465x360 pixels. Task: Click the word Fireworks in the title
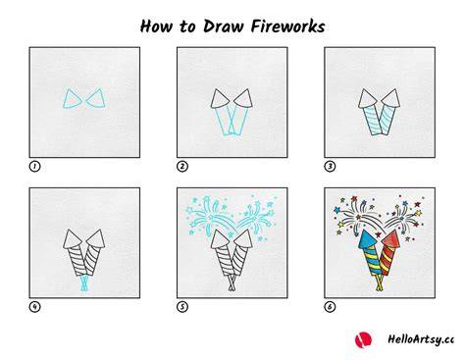[287, 26]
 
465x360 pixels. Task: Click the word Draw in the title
[225, 26]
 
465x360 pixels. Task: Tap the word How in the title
[156, 26]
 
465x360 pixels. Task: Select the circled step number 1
[34, 167]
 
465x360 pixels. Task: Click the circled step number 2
[182, 167]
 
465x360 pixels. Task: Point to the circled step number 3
[330, 167]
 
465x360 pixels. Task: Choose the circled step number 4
[34, 307]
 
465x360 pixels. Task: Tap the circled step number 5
[182, 307]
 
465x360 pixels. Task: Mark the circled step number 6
[330, 307]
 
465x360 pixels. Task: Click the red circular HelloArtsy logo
[363, 339]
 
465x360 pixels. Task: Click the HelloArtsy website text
[421, 339]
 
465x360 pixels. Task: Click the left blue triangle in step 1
[72, 99]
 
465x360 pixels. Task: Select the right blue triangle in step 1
[96, 98]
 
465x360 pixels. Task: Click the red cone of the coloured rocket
[391, 239]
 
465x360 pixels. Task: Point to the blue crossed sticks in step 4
[84, 283]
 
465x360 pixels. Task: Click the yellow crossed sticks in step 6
[380, 283]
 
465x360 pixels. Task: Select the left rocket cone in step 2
[220, 99]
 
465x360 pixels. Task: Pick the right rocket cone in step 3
[391, 98]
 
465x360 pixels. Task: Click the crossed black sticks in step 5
[232, 283]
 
